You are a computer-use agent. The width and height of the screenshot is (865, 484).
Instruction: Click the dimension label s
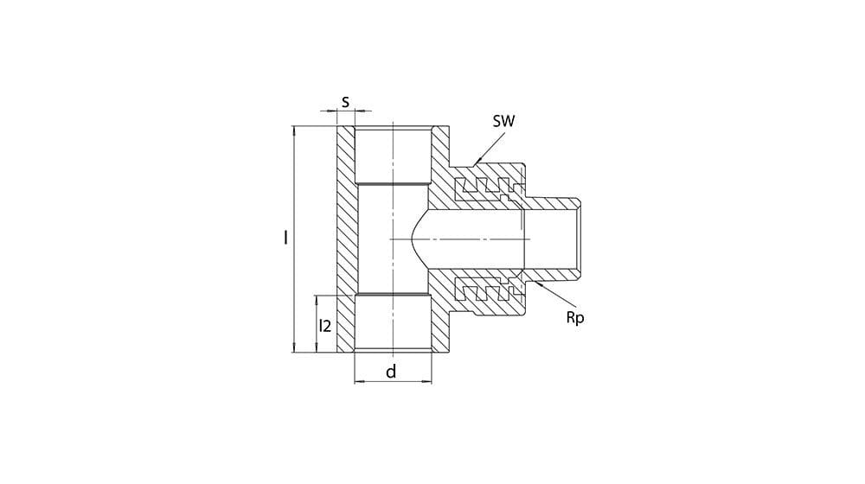[x=345, y=101]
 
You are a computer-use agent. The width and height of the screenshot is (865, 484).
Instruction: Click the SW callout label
[x=503, y=121]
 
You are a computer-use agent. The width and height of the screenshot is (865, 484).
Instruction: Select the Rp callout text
[x=575, y=318]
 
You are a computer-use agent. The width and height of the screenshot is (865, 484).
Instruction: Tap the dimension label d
[x=391, y=372]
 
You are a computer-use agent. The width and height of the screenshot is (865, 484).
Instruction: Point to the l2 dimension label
[x=325, y=326]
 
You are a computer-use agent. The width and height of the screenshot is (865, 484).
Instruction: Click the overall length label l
[x=285, y=238]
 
